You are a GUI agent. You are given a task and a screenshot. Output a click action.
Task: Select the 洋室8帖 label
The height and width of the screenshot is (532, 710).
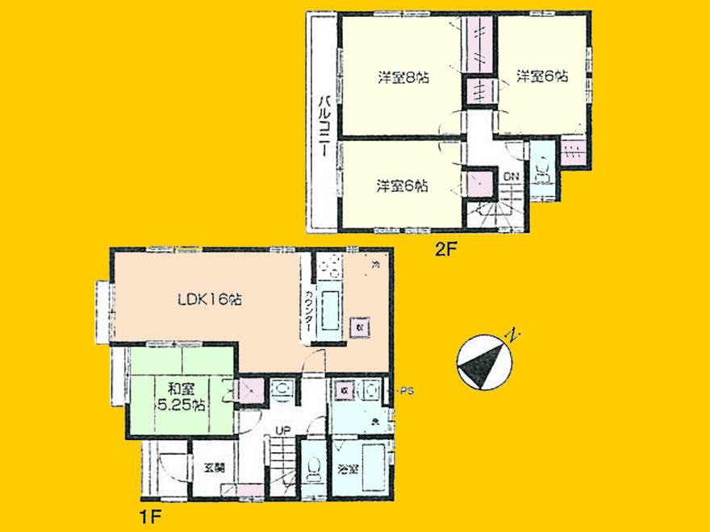coord(403,78)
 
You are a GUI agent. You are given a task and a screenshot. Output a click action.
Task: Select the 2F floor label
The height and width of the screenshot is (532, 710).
coord(445,250)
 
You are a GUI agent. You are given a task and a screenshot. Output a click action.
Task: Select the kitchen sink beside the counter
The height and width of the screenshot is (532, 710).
coord(331,314)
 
